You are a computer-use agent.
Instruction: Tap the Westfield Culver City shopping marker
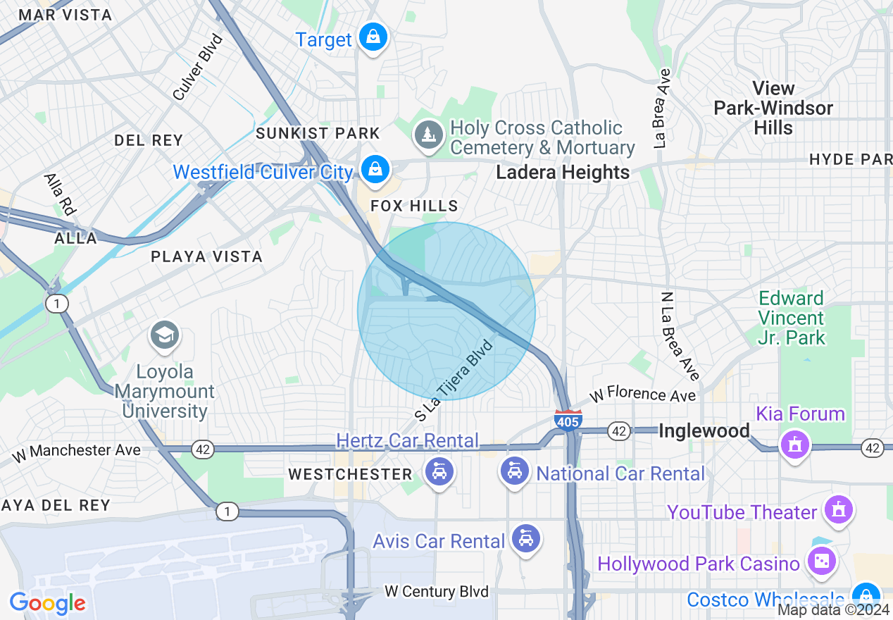[x=375, y=170]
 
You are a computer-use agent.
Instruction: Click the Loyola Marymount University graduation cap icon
[x=165, y=335]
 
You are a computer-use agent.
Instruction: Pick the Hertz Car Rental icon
[x=439, y=471]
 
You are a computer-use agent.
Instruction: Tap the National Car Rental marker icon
[x=515, y=471]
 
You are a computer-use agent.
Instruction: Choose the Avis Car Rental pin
[x=525, y=539]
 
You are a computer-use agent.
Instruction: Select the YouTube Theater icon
[x=839, y=509]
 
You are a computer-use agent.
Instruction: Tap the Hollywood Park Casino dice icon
[x=820, y=562]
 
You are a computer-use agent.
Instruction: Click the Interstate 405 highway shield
[x=568, y=419]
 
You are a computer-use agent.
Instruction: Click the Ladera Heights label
[x=563, y=173]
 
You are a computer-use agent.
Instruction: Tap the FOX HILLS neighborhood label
[x=415, y=206]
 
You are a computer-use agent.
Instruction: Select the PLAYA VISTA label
[x=207, y=257]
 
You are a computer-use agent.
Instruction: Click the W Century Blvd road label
[x=437, y=591]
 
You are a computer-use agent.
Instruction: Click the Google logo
[x=47, y=603]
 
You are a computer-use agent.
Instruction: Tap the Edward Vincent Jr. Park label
[x=791, y=318]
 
